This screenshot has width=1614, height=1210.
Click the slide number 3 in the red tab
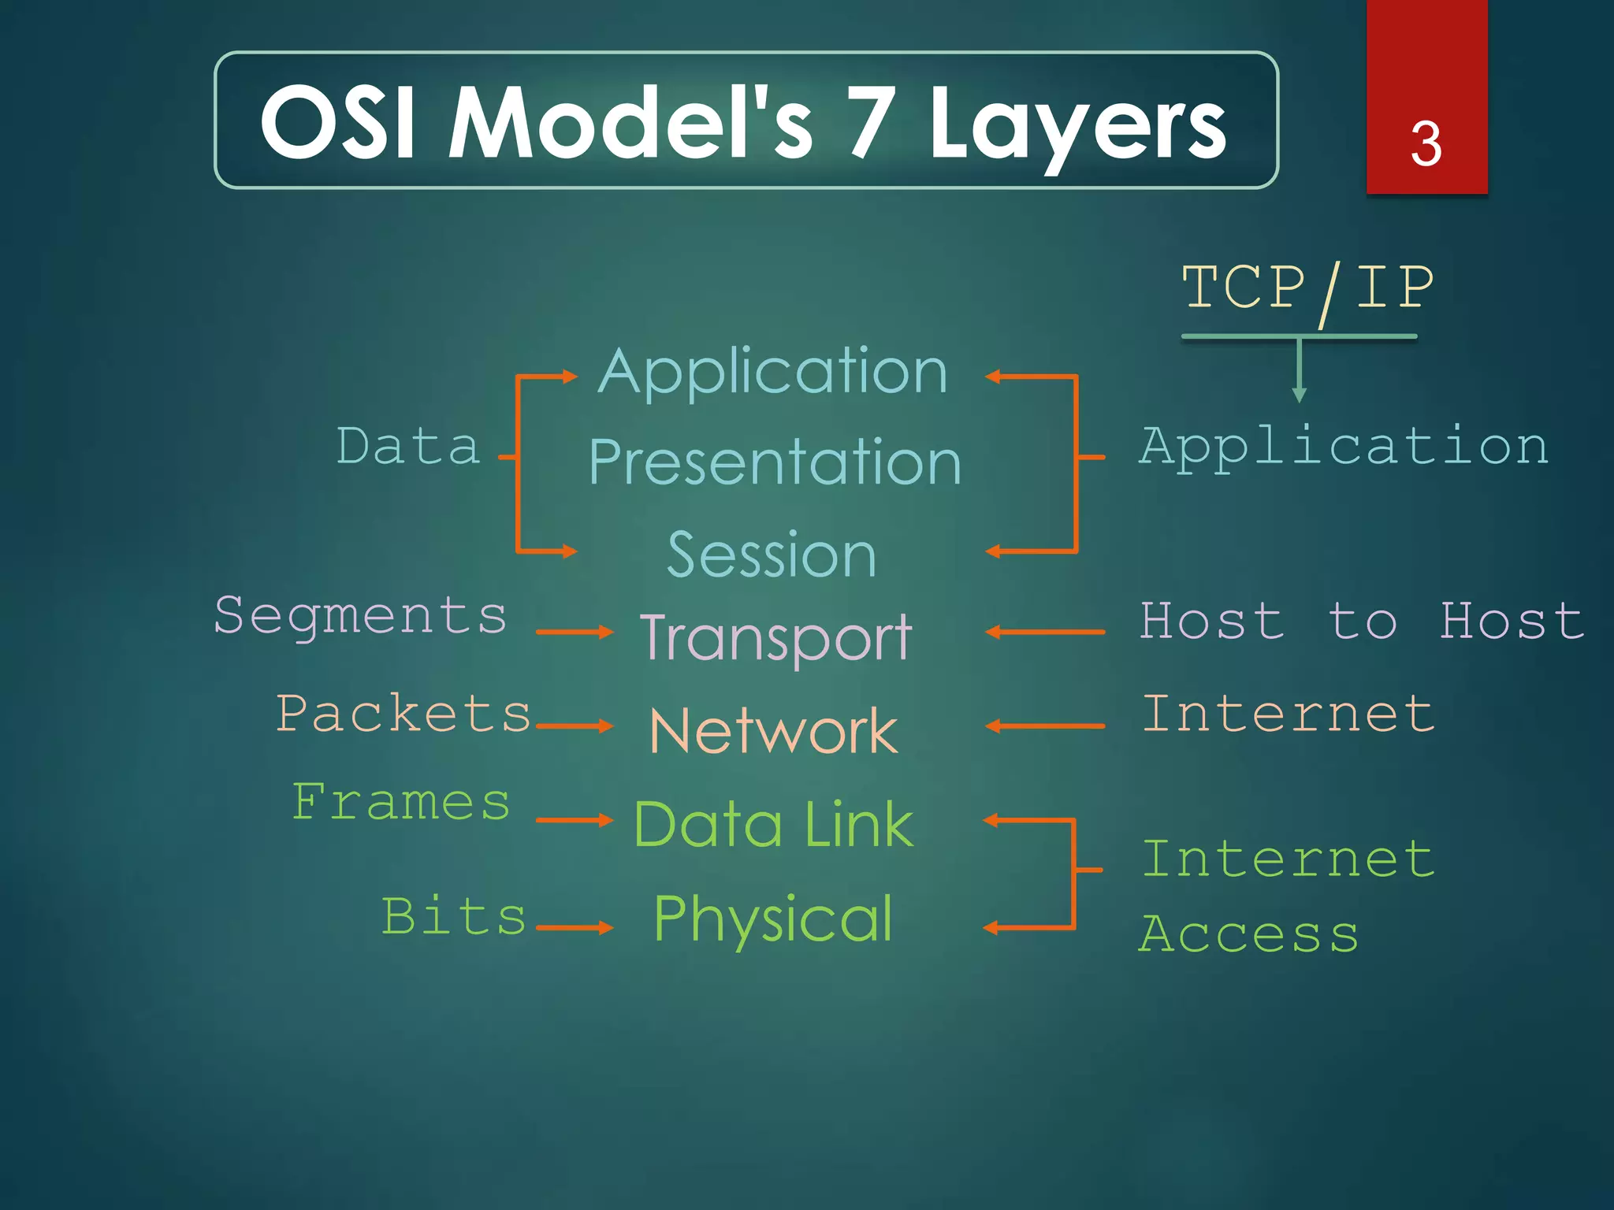(x=1426, y=144)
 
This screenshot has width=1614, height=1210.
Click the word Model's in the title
(x=630, y=123)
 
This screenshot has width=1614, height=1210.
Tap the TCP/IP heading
(x=1307, y=288)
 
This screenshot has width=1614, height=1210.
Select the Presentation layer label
(x=775, y=462)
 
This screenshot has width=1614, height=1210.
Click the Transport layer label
(x=775, y=638)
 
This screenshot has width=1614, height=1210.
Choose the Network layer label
(x=773, y=731)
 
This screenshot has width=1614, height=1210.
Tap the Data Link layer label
(x=773, y=825)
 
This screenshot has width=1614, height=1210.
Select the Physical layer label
(x=773, y=919)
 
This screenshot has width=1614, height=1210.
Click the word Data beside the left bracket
(x=408, y=447)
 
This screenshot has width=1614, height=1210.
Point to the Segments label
(x=360, y=616)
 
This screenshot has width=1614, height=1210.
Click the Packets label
(x=403, y=714)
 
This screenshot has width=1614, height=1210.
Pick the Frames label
(x=401, y=803)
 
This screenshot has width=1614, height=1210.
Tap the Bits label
(x=454, y=917)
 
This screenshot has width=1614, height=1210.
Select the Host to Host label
(x=1362, y=622)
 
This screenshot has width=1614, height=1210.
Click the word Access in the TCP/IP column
(x=1249, y=935)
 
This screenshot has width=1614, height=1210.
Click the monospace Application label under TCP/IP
(x=1344, y=447)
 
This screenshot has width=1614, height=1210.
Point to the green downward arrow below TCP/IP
(x=1300, y=370)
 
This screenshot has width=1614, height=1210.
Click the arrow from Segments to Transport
(x=574, y=632)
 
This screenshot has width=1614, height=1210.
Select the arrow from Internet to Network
(x=1044, y=726)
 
